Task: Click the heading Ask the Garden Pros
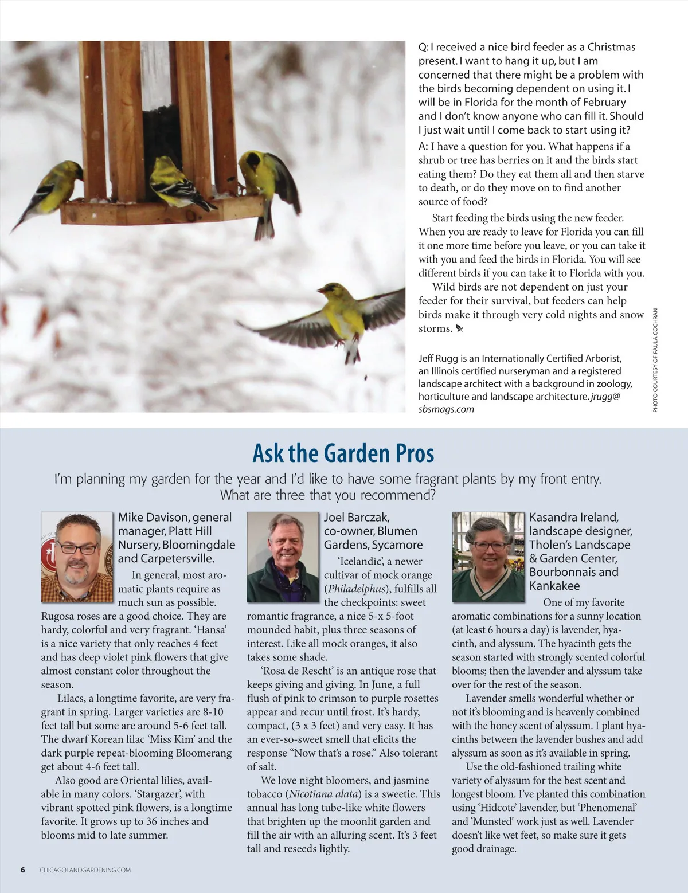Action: click(x=343, y=453)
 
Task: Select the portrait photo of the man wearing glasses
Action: click(x=77, y=557)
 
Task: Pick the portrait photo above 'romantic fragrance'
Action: click(x=283, y=557)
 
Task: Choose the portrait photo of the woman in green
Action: click(x=488, y=557)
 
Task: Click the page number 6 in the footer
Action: click(x=23, y=869)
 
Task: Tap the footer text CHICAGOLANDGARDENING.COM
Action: click(x=85, y=870)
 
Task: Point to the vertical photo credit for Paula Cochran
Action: click(x=655, y=360)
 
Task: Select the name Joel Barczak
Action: click(x=357, y=517)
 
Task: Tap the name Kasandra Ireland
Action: click(x=574, y=517)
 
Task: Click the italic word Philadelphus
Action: click(x=356, y=589)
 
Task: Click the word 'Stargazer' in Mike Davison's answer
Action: click(x=159, y=794)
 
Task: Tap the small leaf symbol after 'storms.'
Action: click(x=459, y=328)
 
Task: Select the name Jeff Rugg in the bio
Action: click(x=438, y=358)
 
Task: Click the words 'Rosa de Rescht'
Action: click(x=296, y=671)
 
